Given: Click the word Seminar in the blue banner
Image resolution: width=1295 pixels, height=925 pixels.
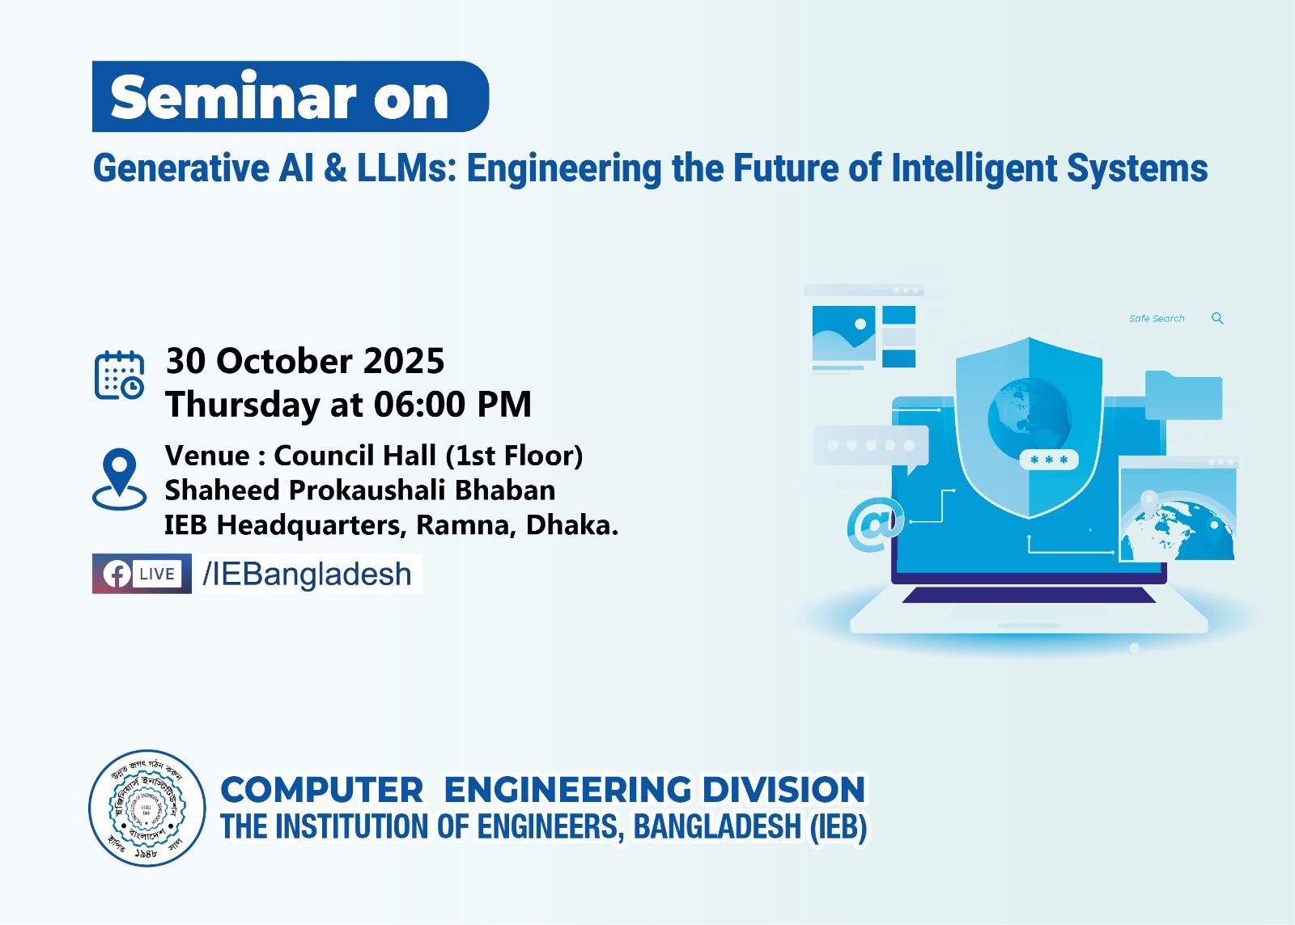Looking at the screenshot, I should [233, 98].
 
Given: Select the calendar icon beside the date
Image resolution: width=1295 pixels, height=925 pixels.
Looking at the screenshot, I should [119, 376].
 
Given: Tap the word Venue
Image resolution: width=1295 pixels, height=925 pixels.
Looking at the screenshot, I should [207, 456].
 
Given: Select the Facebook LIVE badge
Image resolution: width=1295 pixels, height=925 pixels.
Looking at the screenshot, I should [142, 574].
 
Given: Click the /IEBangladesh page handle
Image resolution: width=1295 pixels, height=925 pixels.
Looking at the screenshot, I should [308, 574].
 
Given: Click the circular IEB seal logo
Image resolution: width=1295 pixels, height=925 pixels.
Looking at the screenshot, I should [146, 808].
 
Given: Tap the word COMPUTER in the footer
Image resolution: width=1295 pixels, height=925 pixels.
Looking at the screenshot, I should [321, 790].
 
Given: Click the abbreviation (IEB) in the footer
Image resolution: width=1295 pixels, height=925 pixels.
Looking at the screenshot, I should [839, 827].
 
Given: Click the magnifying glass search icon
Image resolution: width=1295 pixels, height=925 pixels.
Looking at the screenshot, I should [1217, 318].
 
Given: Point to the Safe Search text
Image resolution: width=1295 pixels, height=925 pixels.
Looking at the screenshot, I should [1157, 319].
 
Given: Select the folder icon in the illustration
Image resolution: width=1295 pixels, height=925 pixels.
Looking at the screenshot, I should [1183, 396].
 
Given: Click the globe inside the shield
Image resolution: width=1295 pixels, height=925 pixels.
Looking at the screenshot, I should [1029, 417].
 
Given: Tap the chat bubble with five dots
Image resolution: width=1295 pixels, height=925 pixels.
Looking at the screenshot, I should [871, 446].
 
